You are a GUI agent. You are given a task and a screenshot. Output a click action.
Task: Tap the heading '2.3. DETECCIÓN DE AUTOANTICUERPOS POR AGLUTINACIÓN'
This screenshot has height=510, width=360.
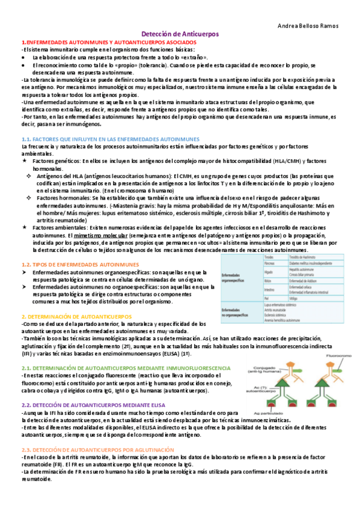pos(97,450)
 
